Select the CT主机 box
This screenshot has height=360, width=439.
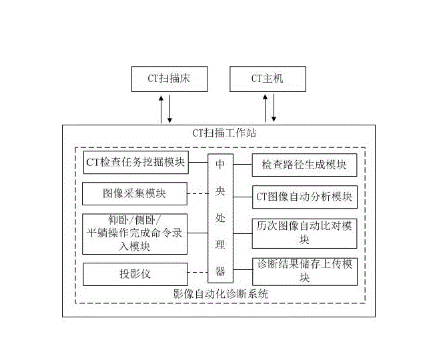268,79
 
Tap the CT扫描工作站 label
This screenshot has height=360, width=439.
220,133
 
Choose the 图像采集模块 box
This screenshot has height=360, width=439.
134,195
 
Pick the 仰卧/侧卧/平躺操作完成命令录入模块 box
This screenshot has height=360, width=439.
135,233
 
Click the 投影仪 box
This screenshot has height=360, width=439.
134,273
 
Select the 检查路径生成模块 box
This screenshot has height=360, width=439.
304,164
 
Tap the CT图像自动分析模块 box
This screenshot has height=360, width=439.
304,197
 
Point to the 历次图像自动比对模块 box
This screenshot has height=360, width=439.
304,232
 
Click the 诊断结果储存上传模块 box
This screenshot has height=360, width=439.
304,271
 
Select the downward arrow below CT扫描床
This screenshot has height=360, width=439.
170,108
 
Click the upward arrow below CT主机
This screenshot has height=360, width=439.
266,108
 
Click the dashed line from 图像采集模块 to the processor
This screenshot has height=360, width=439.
197,195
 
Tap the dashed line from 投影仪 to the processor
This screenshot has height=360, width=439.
197,273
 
